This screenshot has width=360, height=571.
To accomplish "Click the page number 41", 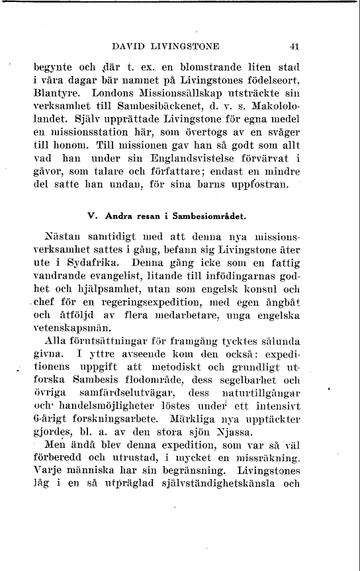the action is tap(295, 47).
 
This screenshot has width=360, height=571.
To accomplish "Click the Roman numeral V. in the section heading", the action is tap(92, 216).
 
